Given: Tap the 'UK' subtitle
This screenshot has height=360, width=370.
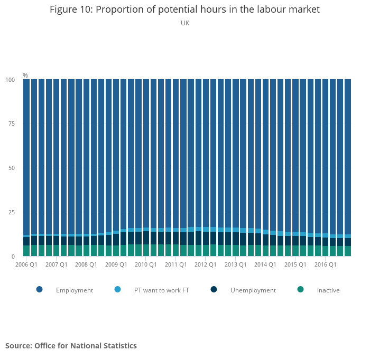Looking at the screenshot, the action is (185, 23).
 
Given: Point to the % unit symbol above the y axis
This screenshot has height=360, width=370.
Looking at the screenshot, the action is (25, 75).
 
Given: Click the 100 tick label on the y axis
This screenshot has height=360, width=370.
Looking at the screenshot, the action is (10, 80).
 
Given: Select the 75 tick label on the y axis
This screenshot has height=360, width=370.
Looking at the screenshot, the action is (12, 124).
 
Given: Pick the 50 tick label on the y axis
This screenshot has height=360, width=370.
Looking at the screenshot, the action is (12, 168).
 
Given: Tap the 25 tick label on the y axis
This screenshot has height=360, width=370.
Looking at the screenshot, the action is (12, 212).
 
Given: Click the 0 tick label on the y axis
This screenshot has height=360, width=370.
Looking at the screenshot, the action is (13, 257).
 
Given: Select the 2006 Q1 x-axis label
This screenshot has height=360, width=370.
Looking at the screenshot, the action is (26, 264).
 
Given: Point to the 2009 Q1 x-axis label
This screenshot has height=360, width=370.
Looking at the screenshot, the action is (116, 264).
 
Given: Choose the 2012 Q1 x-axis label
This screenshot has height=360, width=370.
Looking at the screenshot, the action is (205, 264).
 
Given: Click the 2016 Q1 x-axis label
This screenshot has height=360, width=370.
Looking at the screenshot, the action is (325, 264).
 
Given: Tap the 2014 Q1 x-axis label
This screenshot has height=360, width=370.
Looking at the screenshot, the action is (265, 264).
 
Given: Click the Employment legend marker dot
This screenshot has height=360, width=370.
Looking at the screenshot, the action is (40, 289).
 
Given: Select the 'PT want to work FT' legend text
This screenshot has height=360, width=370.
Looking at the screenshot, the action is (162, 290).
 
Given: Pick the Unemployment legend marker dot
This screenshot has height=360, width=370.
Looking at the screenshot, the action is (214, 289).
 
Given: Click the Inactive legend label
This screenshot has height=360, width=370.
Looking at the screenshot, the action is (328, 290).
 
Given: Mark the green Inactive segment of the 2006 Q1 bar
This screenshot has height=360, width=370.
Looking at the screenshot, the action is (26, 251).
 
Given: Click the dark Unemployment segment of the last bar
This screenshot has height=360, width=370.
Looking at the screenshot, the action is (348, 242).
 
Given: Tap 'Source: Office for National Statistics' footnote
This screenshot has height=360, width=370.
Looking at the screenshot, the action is (71, 346).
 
